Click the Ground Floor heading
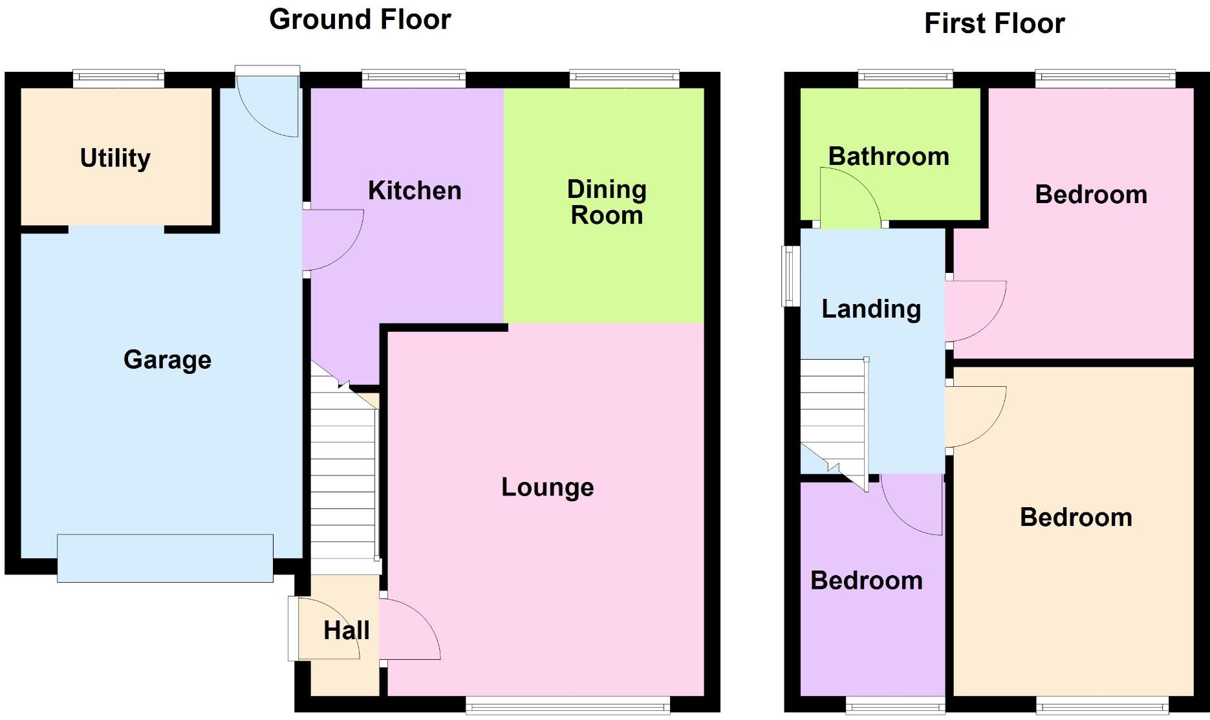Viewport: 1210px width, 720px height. [x=360, y=19]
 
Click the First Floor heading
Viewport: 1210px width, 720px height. [x=994, y=24]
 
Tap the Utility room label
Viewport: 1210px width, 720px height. [x=115, y=158]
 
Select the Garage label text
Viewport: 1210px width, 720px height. [x=167, y=360]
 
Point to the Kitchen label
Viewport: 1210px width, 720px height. [x=415, y=190]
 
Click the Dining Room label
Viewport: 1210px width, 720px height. [x=606, y=202]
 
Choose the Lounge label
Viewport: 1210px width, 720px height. [x=547, y=487]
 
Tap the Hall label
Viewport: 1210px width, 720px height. [x=346, y=630]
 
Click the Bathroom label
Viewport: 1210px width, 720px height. [x=889, y=157]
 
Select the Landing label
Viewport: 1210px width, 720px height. [x=871, y=309]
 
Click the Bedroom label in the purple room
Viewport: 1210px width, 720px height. [x=866, y=580]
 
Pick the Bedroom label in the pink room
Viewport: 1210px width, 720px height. [x=1091, y=194]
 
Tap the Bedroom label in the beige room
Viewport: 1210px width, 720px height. [x=1075, y=517]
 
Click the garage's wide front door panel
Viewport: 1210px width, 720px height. [x=165, y=558]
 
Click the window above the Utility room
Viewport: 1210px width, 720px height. [x=118, y=79]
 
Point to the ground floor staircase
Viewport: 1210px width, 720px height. [x=343, y=479]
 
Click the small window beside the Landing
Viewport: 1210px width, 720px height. [x=790, y=276]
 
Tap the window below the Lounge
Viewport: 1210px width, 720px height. [x=567, y=705]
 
